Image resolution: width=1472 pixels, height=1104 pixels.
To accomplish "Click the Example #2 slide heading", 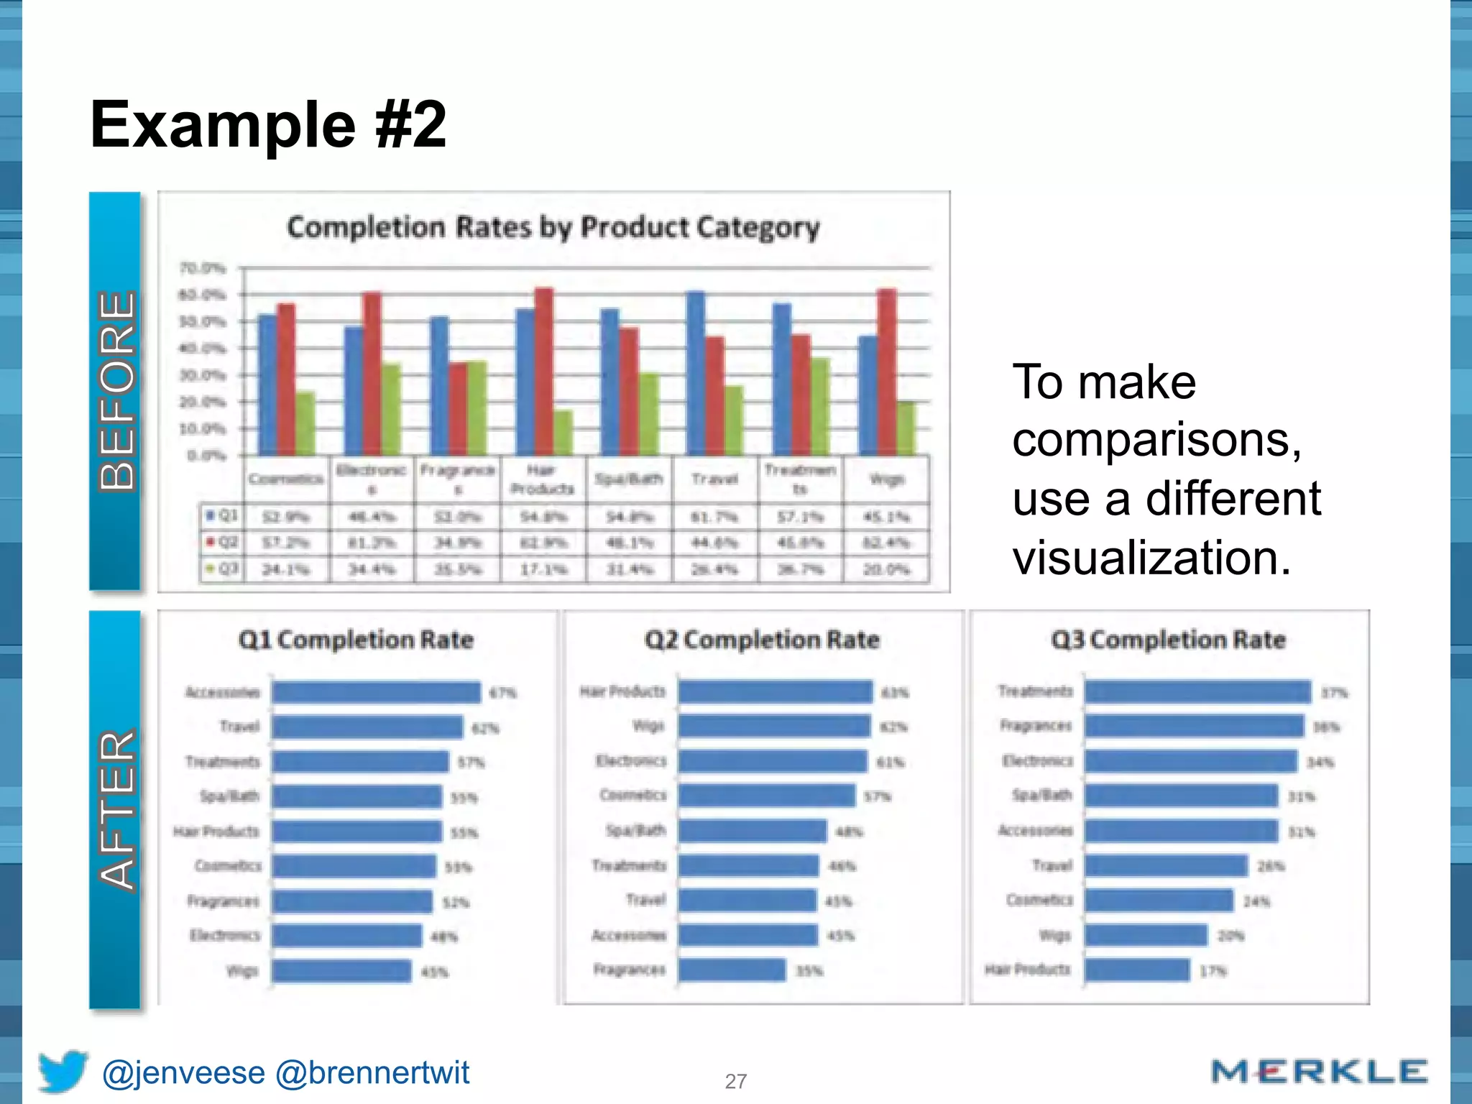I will (x=268, y=125).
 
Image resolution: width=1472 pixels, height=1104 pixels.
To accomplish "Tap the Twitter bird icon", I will (x=63, y=1071).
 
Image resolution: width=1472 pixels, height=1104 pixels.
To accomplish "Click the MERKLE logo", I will (x=1319, y=1072).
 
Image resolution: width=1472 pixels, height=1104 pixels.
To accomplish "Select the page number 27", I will (x=735, y=1081).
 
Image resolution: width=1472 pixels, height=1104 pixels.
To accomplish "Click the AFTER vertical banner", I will (x=115, y=809).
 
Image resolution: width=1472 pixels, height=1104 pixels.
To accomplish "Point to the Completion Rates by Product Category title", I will (x=553, y=228).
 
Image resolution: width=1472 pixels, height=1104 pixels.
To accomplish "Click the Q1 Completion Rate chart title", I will (x=356, y=640).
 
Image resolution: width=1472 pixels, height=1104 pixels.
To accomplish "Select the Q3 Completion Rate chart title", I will (x=1168, y=640).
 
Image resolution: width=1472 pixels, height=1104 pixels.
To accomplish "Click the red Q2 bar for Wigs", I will (x=887, y=372).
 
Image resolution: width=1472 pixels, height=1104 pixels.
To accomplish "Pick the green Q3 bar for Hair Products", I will (x=563, y=433).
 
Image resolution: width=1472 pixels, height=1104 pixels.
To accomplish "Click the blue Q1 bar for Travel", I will (x=696, y=373).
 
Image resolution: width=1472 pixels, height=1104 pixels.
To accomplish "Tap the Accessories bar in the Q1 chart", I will (x=376, y=692).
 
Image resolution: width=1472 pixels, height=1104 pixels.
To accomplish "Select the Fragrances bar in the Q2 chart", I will (x=732, y=970).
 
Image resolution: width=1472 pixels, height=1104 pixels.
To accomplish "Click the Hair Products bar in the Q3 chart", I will (x=1137, y=970).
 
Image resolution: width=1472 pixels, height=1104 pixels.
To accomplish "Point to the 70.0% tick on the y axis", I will (x=203, y=269).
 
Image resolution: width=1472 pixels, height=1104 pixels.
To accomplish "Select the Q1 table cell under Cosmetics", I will (x=286, y=517).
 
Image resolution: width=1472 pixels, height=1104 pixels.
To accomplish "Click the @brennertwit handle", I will (x=372, y=1072).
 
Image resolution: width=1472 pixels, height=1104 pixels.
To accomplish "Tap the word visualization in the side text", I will (x=1151, y=558).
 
